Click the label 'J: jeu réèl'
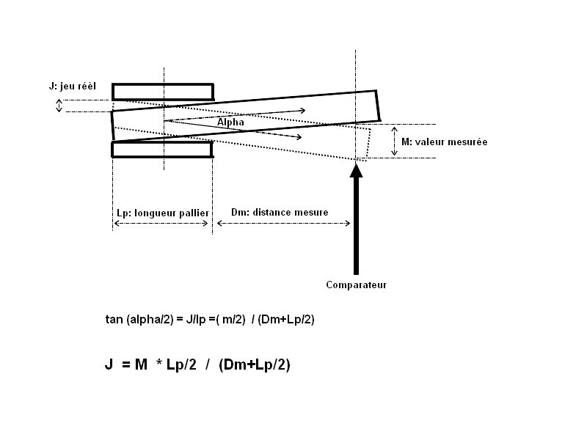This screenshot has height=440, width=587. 72,87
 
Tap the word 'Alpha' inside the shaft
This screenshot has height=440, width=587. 230,122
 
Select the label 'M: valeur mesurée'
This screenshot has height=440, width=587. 445,142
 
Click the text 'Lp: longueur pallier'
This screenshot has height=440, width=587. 163,213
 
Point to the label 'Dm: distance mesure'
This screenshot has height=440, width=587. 280,212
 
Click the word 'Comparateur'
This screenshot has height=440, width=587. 357,285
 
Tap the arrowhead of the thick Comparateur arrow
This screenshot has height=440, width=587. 356,169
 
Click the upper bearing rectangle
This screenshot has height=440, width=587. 163,92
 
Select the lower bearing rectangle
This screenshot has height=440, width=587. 162,150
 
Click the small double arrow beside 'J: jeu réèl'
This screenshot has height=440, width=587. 59,106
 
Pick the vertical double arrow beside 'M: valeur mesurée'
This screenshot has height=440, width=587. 394,141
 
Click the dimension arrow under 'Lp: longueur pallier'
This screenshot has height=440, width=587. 161,224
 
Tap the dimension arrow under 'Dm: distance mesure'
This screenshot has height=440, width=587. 283,224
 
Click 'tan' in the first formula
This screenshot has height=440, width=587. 114,319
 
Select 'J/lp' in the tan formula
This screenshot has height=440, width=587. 196,319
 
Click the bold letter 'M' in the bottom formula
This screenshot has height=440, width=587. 141,364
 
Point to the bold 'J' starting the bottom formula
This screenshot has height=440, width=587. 109,364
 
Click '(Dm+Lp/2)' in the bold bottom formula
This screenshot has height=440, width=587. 255,364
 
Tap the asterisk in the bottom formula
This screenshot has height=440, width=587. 159,362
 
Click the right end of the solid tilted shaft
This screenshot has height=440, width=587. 379,106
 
